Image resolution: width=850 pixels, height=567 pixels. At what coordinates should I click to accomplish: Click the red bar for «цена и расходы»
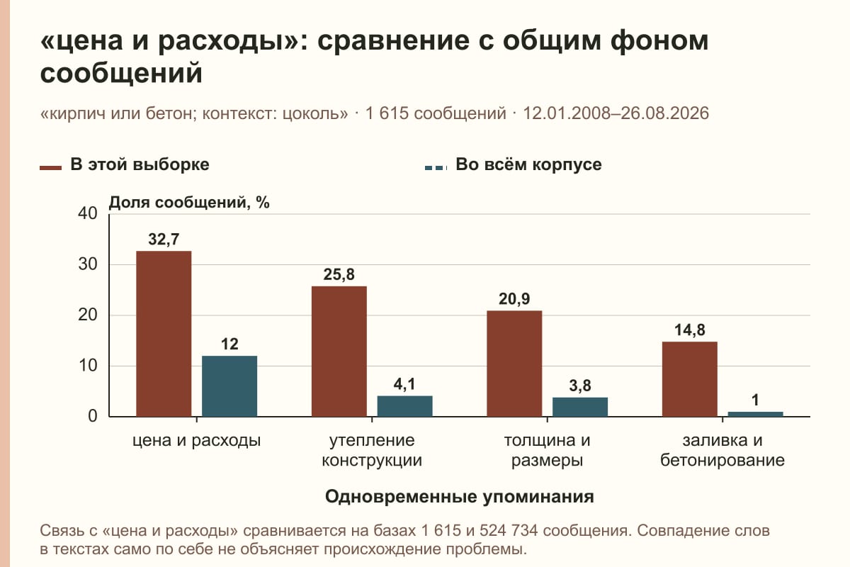[x=164, y=334]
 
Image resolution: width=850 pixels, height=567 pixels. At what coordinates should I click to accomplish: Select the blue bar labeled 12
[x=229, y=386]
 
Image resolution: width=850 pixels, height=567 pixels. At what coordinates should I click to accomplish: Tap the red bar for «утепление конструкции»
[x=339, y=352]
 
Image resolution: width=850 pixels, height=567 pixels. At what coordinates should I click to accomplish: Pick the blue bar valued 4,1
[x=404, y=406]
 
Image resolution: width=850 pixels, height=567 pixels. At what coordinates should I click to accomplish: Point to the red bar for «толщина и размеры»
[x=514, y=364]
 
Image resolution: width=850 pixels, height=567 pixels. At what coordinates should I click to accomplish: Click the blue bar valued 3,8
[x=580, y=407]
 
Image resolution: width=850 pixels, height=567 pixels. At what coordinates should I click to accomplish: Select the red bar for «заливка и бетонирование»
[x=689, y=379]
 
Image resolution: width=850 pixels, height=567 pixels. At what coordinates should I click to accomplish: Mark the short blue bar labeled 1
[x=755, y=415]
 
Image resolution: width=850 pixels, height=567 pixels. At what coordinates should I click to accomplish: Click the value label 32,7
[x=164, y=240]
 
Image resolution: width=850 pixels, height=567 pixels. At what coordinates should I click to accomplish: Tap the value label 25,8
[x=339, y=274]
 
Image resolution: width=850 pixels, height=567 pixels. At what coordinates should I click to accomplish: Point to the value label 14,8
[x=689, y=330]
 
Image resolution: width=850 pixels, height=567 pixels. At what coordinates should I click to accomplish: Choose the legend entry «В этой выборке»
[x=125, y=165]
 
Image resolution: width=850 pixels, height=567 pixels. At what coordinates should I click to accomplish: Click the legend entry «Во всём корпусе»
[x=513, y=165]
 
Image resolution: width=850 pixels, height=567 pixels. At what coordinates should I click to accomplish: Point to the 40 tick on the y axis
[x=88, y=213]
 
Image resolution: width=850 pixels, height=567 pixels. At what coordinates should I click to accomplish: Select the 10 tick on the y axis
[x=88, y=366]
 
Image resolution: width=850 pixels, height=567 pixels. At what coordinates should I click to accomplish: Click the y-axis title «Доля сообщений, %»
[x=189, y=203]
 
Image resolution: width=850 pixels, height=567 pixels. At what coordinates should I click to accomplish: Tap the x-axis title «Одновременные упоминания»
[x=460, y=497]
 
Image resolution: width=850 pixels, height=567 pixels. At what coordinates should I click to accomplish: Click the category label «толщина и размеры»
[x=547, y=450]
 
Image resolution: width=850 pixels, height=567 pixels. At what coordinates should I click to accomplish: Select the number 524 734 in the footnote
[x=509, y=531]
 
